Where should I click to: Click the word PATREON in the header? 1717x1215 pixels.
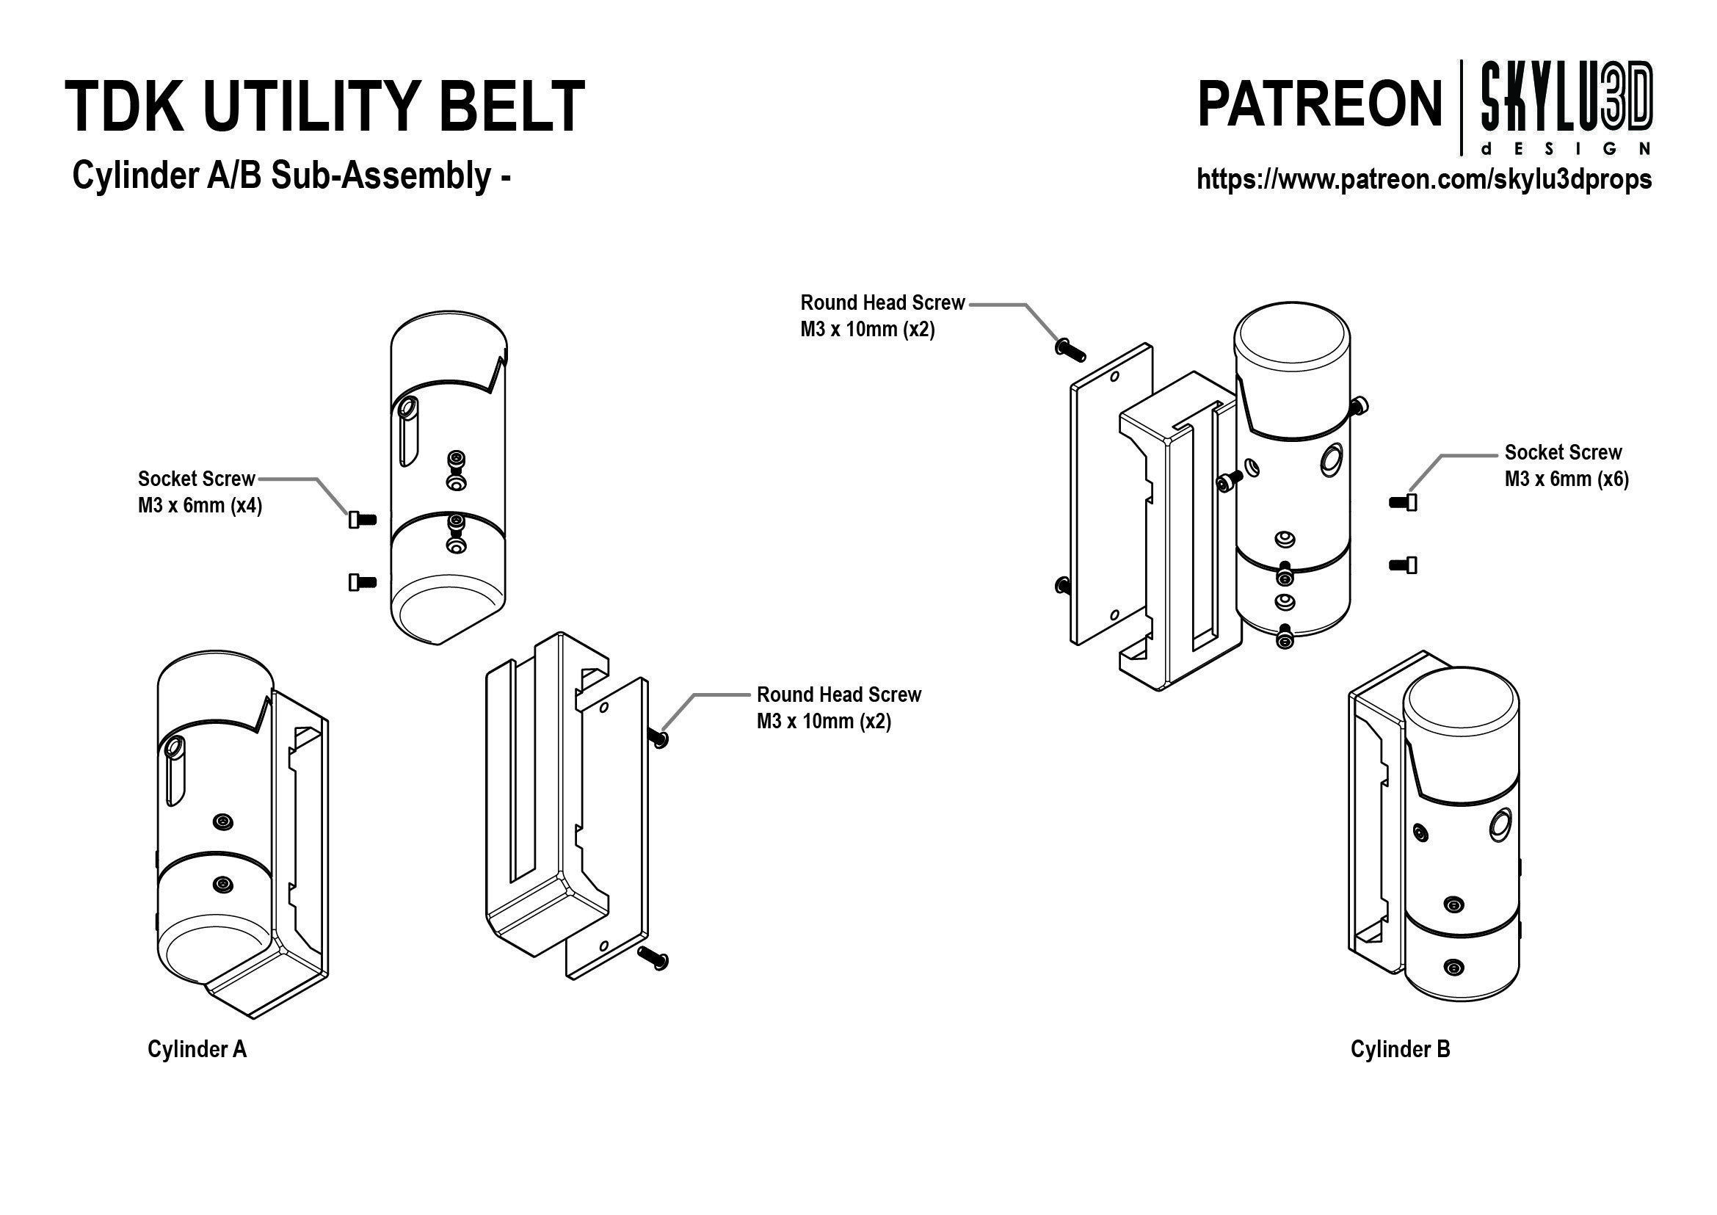click(1319, 105)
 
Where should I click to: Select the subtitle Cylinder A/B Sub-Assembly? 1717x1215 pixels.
click(291, 177)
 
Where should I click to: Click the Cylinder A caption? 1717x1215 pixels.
click(197, 1049)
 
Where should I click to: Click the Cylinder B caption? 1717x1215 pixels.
click(1400, 1049)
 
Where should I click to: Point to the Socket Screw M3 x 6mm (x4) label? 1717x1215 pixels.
click(199, 493)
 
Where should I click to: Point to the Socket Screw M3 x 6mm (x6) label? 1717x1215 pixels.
click(1567, 465)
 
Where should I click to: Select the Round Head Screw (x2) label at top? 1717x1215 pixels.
click(882, 316)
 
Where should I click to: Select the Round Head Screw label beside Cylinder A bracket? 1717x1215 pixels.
click(838, 708)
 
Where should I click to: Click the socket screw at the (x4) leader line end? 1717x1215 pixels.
click(362, 519)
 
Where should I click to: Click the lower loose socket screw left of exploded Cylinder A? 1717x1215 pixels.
click(362, 581)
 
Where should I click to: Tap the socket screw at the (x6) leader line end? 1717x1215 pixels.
click(1403, 503)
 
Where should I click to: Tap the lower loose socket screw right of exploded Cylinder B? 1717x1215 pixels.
click(1403, 565)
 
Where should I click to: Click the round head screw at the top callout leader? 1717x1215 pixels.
click(1070, 348)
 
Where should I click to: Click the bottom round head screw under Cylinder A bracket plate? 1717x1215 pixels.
click(653, 958)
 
